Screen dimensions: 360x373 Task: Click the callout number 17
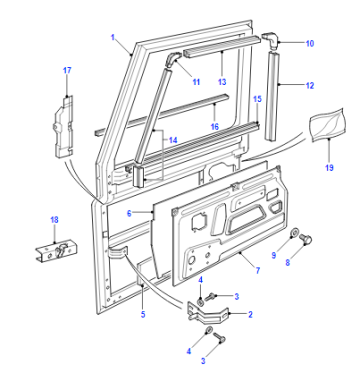point(67,70)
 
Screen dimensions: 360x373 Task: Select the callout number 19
point(329,167)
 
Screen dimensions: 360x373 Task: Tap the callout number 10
point(310,44)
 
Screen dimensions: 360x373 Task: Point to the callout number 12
point(310,86)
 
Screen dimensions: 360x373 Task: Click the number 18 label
point(54,220)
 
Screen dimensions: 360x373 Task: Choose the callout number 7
point(258,270)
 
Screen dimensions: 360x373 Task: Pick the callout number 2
point(250,314)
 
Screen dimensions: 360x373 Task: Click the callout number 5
point(143,314)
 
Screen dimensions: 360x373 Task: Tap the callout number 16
point(215,127)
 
